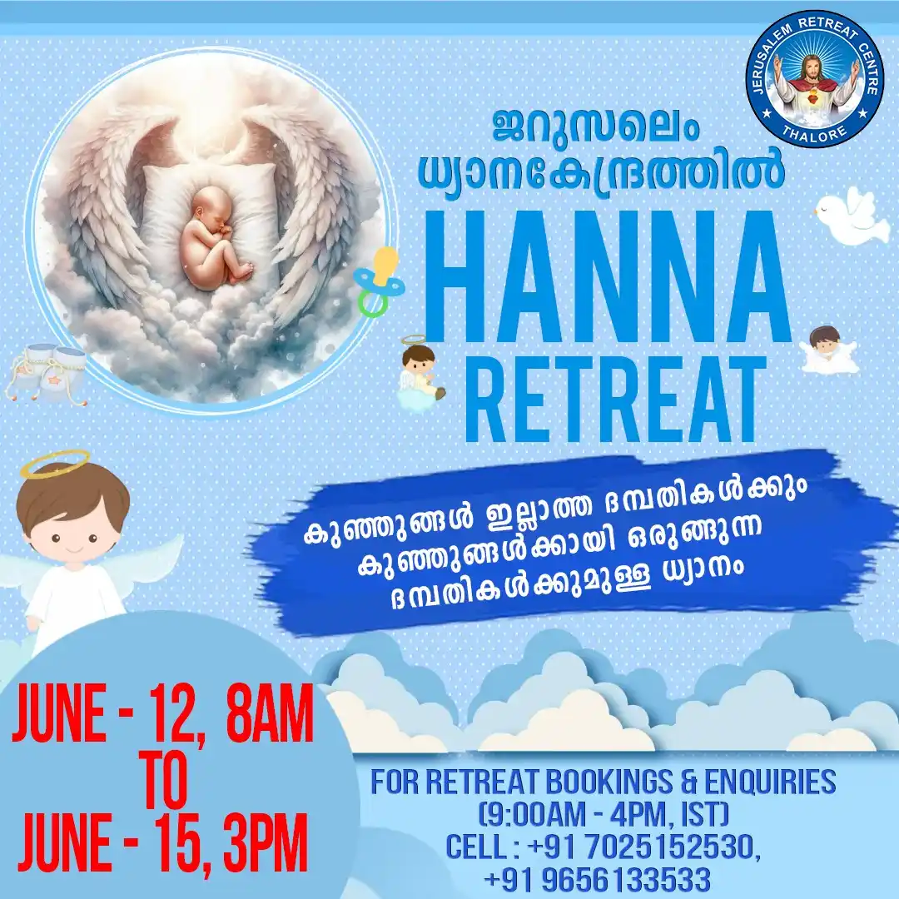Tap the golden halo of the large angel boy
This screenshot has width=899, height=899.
55,463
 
